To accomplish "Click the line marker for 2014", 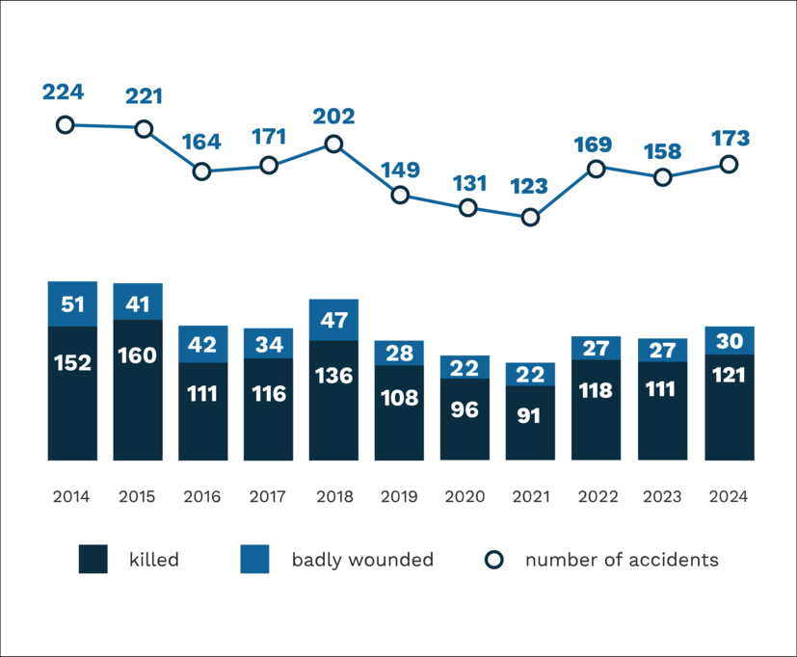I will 65,124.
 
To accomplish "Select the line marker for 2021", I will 529,218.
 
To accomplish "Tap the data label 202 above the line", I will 333,117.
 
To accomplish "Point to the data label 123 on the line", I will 529,187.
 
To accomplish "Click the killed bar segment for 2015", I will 138,389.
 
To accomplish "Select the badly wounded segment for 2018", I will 333,320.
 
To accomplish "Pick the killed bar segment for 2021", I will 530,422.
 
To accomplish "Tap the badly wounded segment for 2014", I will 72,304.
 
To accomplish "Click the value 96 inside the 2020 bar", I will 465,408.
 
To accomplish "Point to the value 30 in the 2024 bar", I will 729,341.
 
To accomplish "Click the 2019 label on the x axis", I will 399,497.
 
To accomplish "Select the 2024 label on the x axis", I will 728,497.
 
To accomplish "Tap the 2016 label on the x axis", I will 202,497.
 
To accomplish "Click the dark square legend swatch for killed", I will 93,560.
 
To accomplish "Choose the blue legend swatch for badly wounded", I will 255,560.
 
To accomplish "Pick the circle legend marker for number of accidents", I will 493,560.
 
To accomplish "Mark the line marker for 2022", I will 597,169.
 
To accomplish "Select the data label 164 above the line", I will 201,142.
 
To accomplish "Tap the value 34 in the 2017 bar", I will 268,343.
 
